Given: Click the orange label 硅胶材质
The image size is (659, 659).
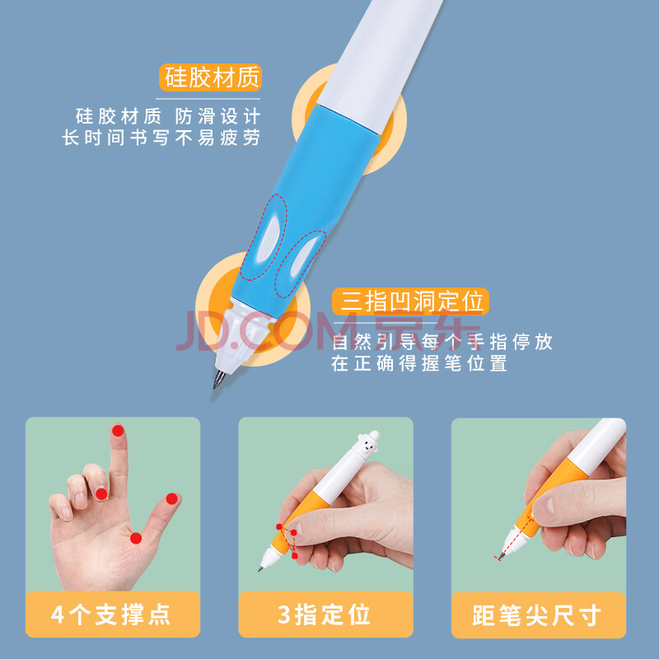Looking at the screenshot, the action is pos(210,77).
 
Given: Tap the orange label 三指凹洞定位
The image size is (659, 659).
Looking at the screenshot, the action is pos(410,301).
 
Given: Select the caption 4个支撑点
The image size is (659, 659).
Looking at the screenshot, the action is pos(110,615).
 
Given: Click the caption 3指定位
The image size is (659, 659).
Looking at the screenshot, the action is pos(324,615).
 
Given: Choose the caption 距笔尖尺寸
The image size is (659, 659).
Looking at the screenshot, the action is pos(537,615).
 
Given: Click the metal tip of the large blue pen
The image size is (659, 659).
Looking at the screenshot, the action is pos(219,379).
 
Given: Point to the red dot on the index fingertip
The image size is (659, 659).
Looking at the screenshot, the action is pos(118,430).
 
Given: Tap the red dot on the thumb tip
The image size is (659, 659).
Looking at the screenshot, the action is pos(171,498).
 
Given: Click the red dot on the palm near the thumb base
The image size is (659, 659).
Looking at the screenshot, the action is pos(136,538).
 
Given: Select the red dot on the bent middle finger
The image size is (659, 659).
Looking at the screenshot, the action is pos(101,493).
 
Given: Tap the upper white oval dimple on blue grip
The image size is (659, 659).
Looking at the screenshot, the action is pos(269,239).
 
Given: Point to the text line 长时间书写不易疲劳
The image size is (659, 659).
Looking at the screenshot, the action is pos(161,138).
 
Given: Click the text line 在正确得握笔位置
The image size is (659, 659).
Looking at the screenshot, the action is pos(419,363).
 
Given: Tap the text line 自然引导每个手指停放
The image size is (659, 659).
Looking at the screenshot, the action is pos(442,342).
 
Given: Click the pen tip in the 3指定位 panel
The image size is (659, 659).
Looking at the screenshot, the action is pos(261,568).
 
